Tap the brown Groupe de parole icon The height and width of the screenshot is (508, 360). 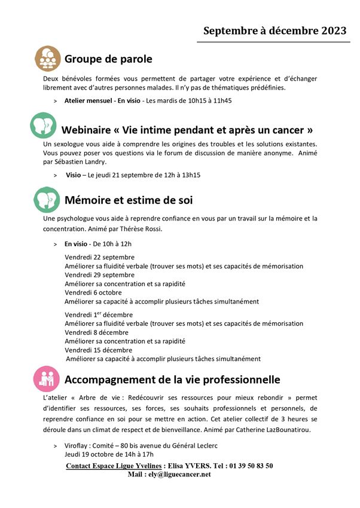[47, 59]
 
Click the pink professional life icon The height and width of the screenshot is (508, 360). [47, 378]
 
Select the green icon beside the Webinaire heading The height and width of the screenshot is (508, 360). [44, 127]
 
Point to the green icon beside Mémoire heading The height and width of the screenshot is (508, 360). [47, 200]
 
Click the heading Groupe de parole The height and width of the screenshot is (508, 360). [108, 59]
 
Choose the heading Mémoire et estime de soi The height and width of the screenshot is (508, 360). [128, 200]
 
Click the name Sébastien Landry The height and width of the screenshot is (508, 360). [83, 162]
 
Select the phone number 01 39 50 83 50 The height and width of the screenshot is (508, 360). [253, 466]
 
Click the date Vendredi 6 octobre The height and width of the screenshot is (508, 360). [93, 293]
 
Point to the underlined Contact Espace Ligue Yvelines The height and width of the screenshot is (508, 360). [113, 466]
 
